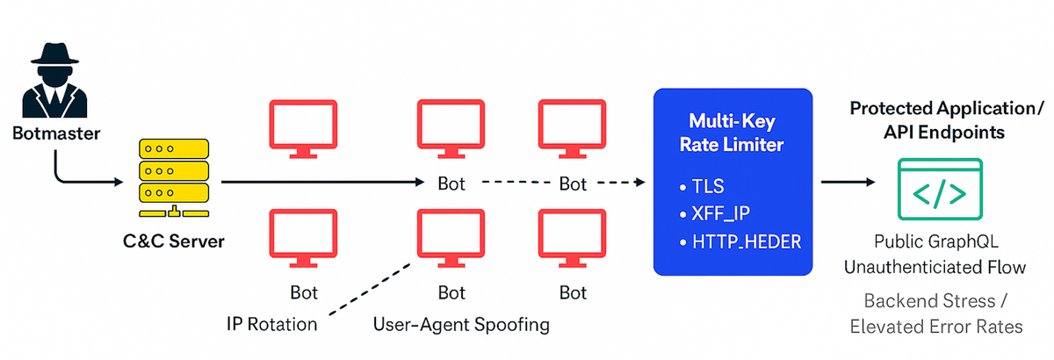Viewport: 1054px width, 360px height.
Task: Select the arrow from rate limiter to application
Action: coord(848,183)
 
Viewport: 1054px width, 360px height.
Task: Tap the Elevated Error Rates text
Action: coord(935,327)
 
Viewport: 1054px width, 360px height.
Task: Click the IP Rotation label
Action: coord(271,324)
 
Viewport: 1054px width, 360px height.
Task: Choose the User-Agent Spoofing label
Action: coord(461,324)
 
